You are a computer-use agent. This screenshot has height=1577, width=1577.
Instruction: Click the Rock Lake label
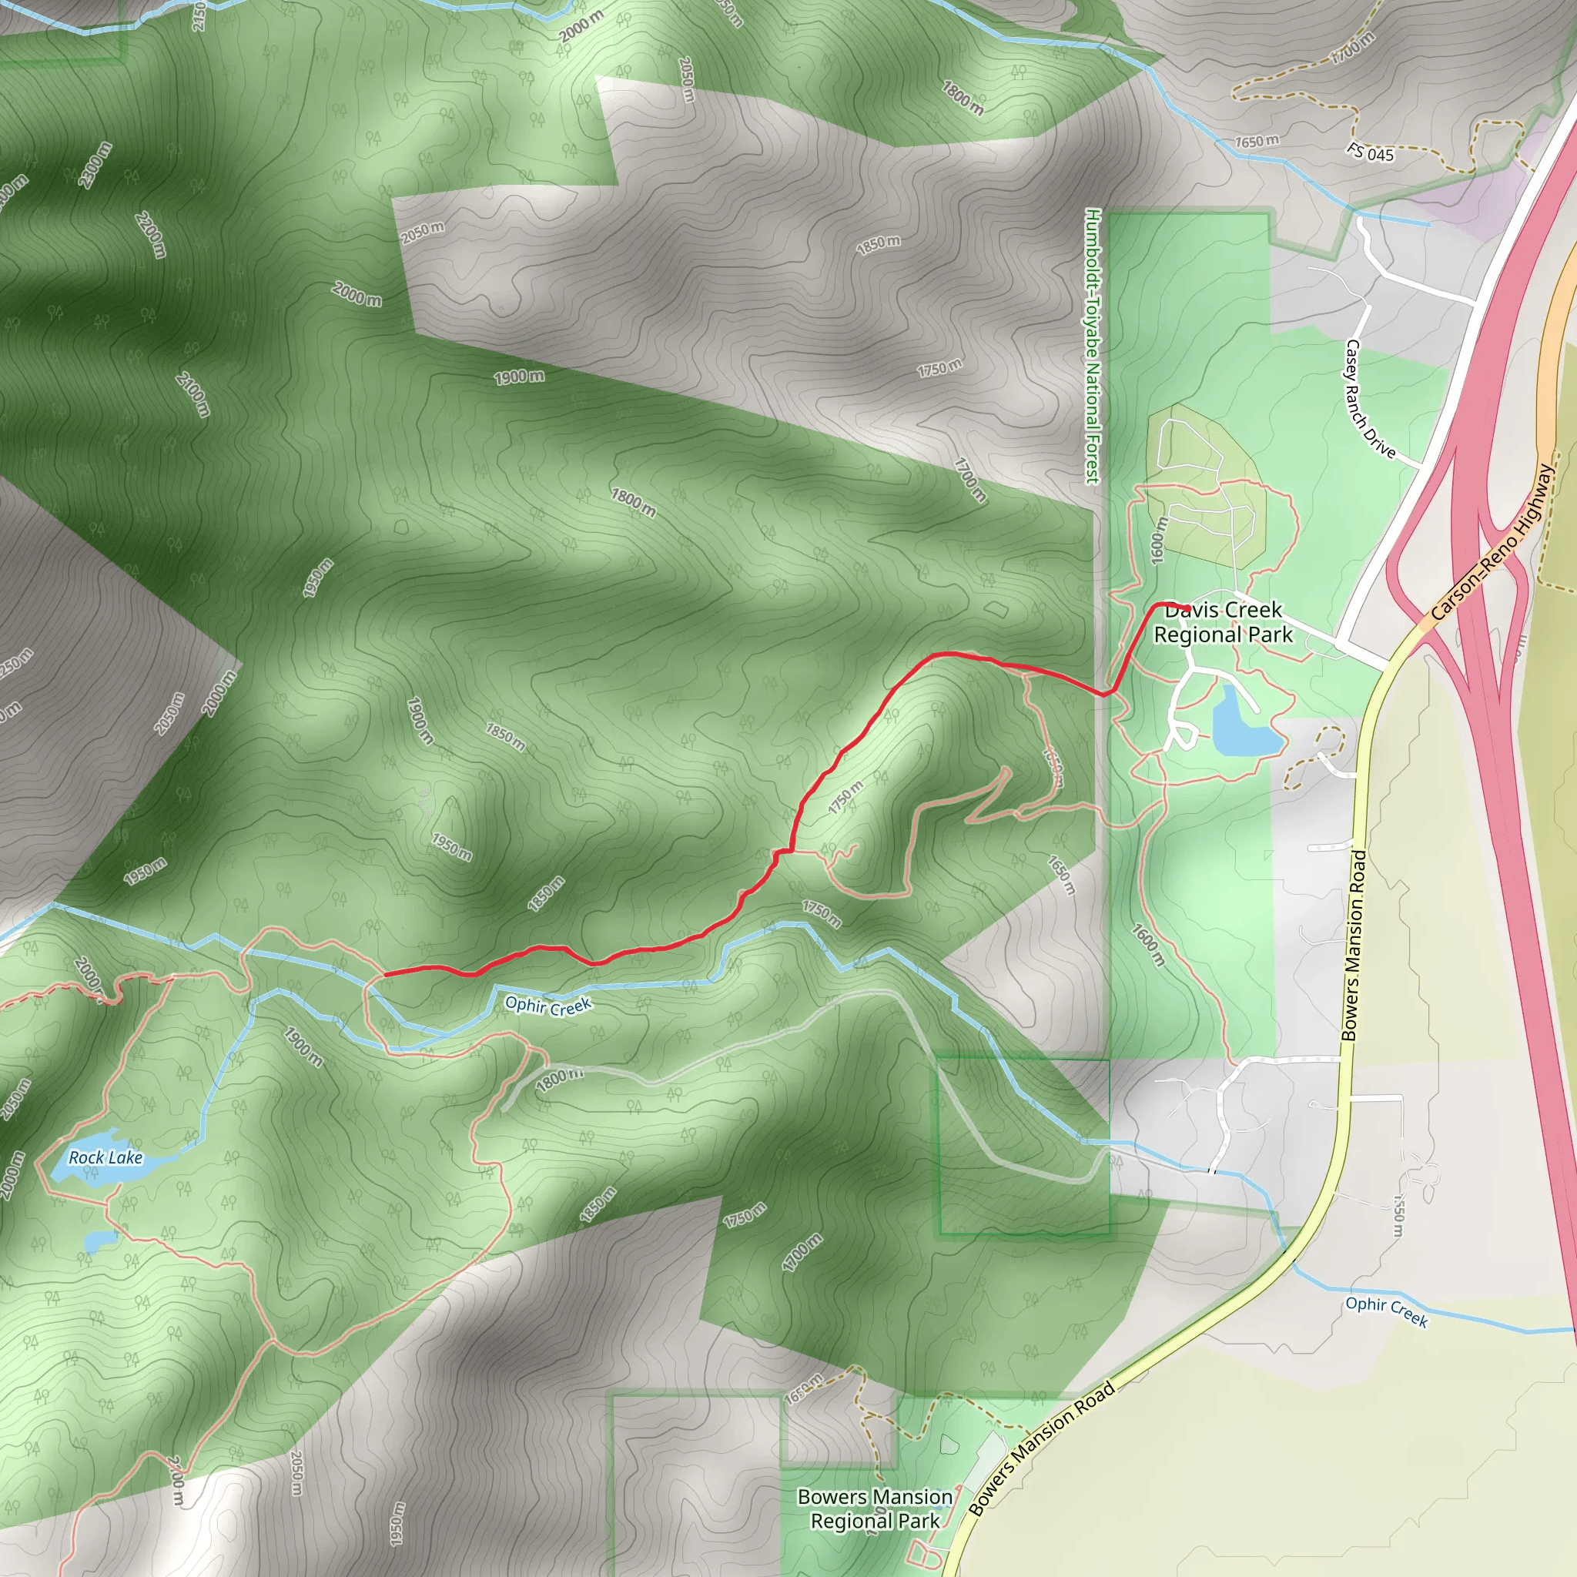pyautogui.click(x=105, y=1157)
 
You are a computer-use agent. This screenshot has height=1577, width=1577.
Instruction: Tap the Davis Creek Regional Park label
pyautogui.click(x=1223, y=623)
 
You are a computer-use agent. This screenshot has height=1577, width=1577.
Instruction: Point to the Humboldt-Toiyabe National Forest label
pyautogui.click(x=1093, y=345)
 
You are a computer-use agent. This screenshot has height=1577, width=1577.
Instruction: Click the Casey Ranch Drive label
pyautogui.click(x=1371, y=399)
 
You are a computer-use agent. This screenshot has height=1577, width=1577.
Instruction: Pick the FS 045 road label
pyautogui.click(x=1371, y=152)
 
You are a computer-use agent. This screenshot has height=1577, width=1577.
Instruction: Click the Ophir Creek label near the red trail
pyautogui.click(x=547, y=1006)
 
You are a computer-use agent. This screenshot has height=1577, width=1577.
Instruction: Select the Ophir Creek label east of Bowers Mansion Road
pyautogui.click(x=1387, y=1311)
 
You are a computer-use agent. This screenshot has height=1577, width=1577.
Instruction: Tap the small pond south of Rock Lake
pyautogui.click(x=99, y=1241)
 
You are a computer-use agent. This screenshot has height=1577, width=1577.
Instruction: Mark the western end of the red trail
pyautogui.click(x=385, y=975)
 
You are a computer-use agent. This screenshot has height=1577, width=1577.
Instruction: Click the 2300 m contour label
pyautogui.click(x=95, y=165)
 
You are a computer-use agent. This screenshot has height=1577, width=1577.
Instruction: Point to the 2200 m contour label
pyautogui.click(x=151, y=235)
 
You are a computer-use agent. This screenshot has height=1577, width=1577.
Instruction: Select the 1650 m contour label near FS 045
pyautogui.click(x=1256, y=141)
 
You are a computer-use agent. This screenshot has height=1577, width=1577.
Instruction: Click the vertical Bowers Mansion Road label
pyautogui.click(x=1354, y=946)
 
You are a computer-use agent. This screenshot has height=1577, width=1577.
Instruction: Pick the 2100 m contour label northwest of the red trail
pyautogui.click(x=193, y=393)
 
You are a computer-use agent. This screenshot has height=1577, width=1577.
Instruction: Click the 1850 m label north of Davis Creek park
pyautogui.click(x=879, y=244)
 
